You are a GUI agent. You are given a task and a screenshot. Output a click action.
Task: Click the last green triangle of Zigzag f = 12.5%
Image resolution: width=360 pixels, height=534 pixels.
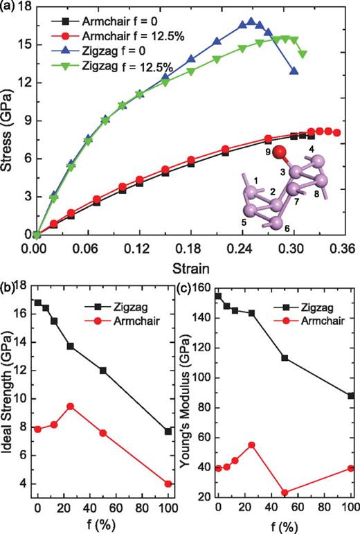302,54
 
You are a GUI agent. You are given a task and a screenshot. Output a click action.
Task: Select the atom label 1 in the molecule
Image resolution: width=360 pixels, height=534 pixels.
255,181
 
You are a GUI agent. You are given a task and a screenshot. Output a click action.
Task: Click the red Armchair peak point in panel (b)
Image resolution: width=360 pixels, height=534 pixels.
70,406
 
